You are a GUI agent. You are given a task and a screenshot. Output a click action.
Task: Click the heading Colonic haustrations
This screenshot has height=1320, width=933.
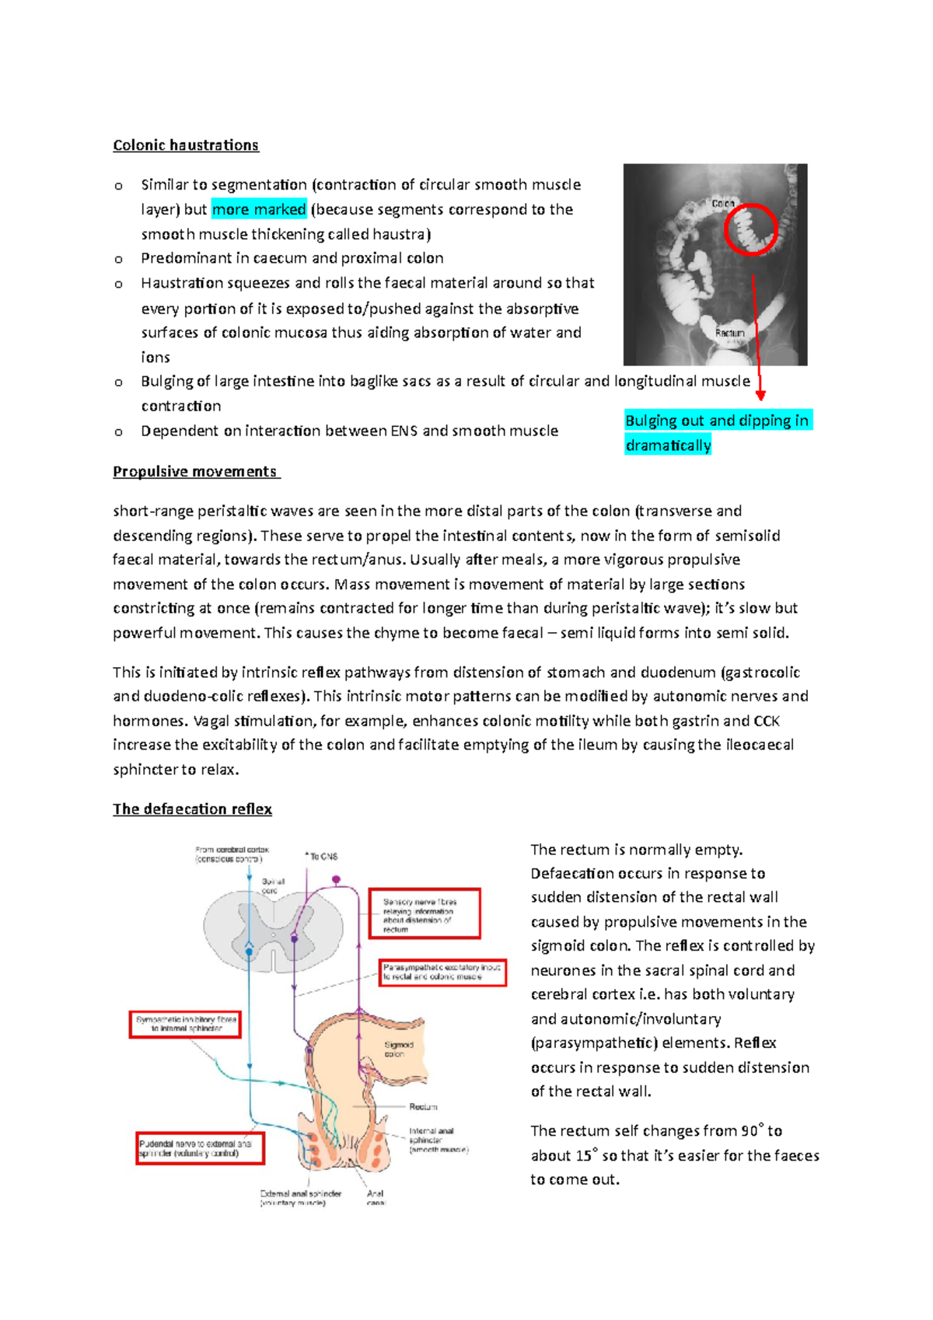click(x=186, y=145)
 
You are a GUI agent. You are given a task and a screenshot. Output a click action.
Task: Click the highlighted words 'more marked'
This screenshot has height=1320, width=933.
click(x=259, y=209)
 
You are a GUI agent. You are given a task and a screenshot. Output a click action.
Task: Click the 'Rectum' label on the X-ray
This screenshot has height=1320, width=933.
click(x=729, y=333)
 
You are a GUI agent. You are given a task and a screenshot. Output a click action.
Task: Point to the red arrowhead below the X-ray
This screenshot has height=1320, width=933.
click(x=760, y=395)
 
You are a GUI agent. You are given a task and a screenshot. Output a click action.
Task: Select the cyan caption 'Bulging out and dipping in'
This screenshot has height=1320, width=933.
click(x=717, y=421)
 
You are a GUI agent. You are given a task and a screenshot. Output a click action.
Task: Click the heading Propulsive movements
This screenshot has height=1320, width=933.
click(x=195, y=472)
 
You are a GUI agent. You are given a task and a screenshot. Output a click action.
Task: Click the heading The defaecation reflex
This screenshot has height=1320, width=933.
click(x=192, y=809)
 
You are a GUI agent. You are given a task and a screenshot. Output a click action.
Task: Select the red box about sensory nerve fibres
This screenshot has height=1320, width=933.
click(x=424, y=914)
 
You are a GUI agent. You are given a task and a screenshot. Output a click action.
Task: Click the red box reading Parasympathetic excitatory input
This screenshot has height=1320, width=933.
click(x=442, y=973)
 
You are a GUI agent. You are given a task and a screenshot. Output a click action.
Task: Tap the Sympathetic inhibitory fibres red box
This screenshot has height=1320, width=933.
click(x=185, y=1024)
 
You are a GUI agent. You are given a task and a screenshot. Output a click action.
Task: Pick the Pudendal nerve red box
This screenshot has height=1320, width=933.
click(x=200, y=1148)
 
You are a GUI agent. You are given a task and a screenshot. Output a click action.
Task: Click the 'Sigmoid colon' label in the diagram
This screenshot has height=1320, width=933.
click(x=398, y=1049)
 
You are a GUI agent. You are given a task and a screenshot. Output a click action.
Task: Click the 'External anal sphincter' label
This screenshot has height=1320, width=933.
click(x=300, y=1197)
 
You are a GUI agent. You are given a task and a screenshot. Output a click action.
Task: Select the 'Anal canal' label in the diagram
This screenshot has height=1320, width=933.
click(x=376, y=1197)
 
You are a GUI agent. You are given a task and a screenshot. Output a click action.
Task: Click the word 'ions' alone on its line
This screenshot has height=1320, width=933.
click(x=155, y=358)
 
